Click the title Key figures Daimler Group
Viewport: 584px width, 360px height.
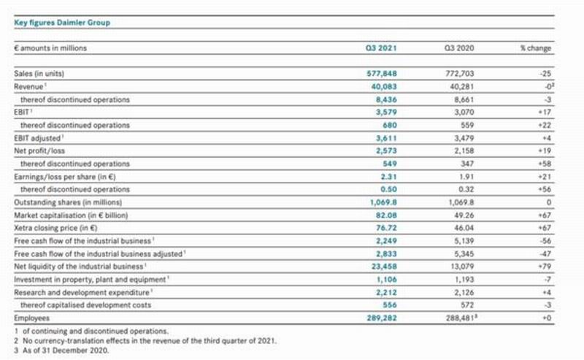point(62,23)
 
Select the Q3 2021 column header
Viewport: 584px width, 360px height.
point(381,48)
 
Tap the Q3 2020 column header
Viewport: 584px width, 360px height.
point(459,48)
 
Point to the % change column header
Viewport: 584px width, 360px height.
point(536,48)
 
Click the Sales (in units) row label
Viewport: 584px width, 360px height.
point(39,74)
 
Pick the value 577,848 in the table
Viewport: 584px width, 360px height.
point(382,74)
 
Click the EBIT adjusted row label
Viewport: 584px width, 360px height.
point(37,138)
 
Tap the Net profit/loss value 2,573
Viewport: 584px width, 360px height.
point(386,150)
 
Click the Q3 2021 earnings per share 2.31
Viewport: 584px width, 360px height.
point(389,177)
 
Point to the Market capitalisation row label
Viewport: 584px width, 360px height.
point(71,215)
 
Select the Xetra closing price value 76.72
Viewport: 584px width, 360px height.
point(387,228)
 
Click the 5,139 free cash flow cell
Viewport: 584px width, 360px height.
point(464,241)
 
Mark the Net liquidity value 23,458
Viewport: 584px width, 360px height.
point(385,267)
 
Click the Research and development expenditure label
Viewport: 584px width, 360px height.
point(82,293)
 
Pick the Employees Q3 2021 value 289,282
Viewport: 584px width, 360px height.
point(382,318)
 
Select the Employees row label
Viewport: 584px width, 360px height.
point(31,318)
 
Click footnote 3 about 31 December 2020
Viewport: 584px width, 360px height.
point(61,351)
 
